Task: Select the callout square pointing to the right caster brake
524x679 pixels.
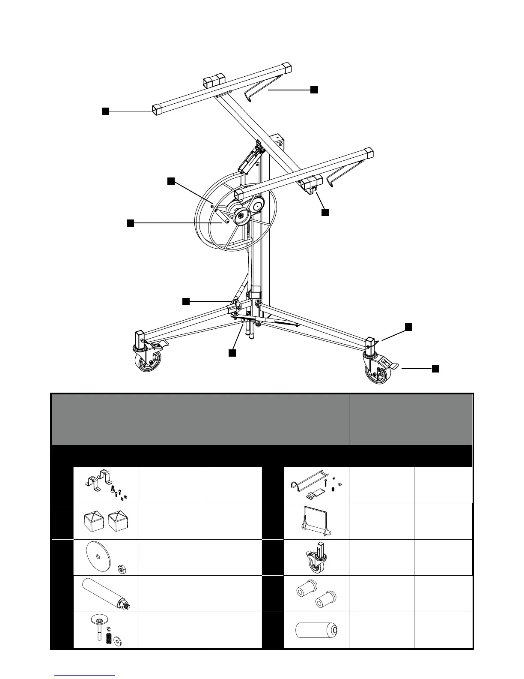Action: coord(435,368)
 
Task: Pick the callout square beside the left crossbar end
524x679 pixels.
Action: coord(105,111)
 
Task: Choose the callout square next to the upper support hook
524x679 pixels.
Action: coord(314,89)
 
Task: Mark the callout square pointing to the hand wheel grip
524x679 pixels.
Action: coord(130,223)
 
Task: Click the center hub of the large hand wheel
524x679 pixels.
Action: coord(241,216)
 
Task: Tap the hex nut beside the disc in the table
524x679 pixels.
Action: coord(122,569)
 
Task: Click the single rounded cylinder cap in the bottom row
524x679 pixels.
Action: coord(316,630)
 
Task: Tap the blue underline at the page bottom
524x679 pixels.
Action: coord(85,675)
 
